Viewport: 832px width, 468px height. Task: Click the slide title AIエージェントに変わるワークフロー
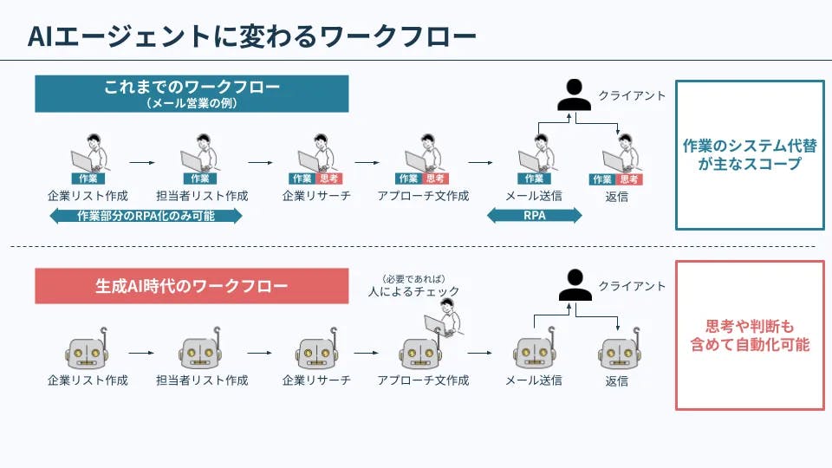[x=251, y=36]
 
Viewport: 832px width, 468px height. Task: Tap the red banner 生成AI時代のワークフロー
[x=192, y=285]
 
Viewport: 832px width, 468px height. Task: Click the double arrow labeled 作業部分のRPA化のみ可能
[x=146, y=216]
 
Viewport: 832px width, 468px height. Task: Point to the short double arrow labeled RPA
[x=535, y=216]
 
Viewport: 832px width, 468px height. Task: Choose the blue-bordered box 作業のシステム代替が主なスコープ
[x=750, y=154]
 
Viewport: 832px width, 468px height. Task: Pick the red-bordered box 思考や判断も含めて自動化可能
[x=750, y=335]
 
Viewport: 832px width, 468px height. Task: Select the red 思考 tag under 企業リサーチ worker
[x=328, y=179]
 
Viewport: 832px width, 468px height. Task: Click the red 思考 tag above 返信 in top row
[x=630, y=179]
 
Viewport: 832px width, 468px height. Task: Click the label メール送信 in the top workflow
[x=534, y=196]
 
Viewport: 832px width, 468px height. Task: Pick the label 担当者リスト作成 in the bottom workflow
[x=202, y=380]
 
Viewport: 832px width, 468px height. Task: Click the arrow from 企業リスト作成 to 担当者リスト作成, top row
[x=142, y=161]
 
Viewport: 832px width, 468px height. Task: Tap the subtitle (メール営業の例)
[x=192, y=103]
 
